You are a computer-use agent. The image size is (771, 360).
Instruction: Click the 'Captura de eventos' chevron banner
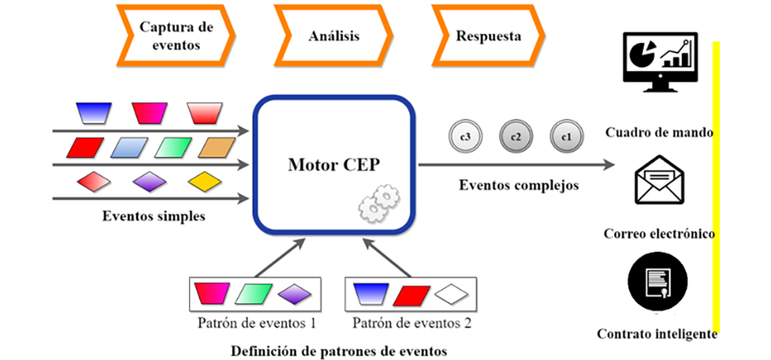click(x=176, y=35)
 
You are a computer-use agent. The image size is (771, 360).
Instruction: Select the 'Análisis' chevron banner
click(x=334, y=35)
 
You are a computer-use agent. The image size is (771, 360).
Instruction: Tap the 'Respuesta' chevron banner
click(x=488, y=35)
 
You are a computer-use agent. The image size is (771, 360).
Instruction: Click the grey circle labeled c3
click(x=465, y=136)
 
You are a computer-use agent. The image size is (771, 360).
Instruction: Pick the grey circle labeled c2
click(x=515, y=136)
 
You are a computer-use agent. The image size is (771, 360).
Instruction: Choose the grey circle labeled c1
click(x=565, y=136)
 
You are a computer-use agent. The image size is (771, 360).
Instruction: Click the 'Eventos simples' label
click(x=154, y=216)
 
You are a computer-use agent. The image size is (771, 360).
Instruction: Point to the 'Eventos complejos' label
click(x=519, y=185)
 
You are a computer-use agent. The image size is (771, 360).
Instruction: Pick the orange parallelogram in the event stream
click(x=219, y=148)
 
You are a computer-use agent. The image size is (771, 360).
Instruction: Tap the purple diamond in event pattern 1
click(x=294, y=294)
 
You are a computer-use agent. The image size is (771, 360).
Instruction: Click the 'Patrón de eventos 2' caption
click(x=412, y=324)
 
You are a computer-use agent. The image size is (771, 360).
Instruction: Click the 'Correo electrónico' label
click(x=659, y=233)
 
